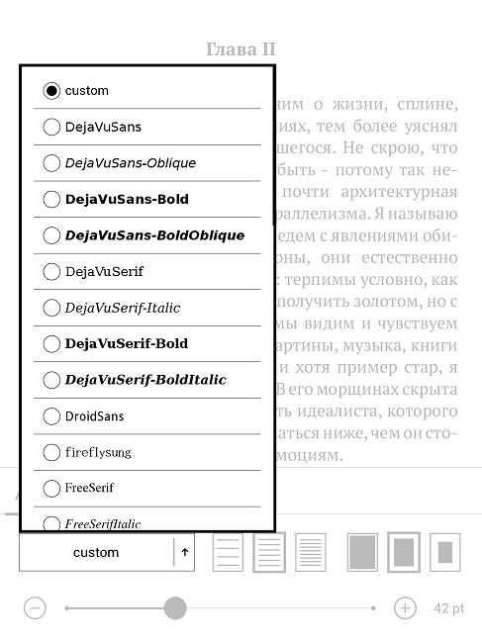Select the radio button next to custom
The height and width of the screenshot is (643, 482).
(51, 91)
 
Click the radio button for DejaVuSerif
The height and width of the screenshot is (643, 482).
(51, 271)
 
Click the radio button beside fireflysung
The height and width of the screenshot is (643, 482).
(51, 452)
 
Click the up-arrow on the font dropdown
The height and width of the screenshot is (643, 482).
(184, 553)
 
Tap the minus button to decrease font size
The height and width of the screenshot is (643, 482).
(36, 608)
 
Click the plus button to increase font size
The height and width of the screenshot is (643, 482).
(405, 608)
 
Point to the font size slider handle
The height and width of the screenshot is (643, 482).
(175, 608)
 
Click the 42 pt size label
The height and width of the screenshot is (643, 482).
(448, 608)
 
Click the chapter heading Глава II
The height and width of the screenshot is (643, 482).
(241, 49)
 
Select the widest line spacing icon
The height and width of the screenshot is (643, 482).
(228, 552)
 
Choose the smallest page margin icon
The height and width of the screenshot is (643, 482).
(363, 552)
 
